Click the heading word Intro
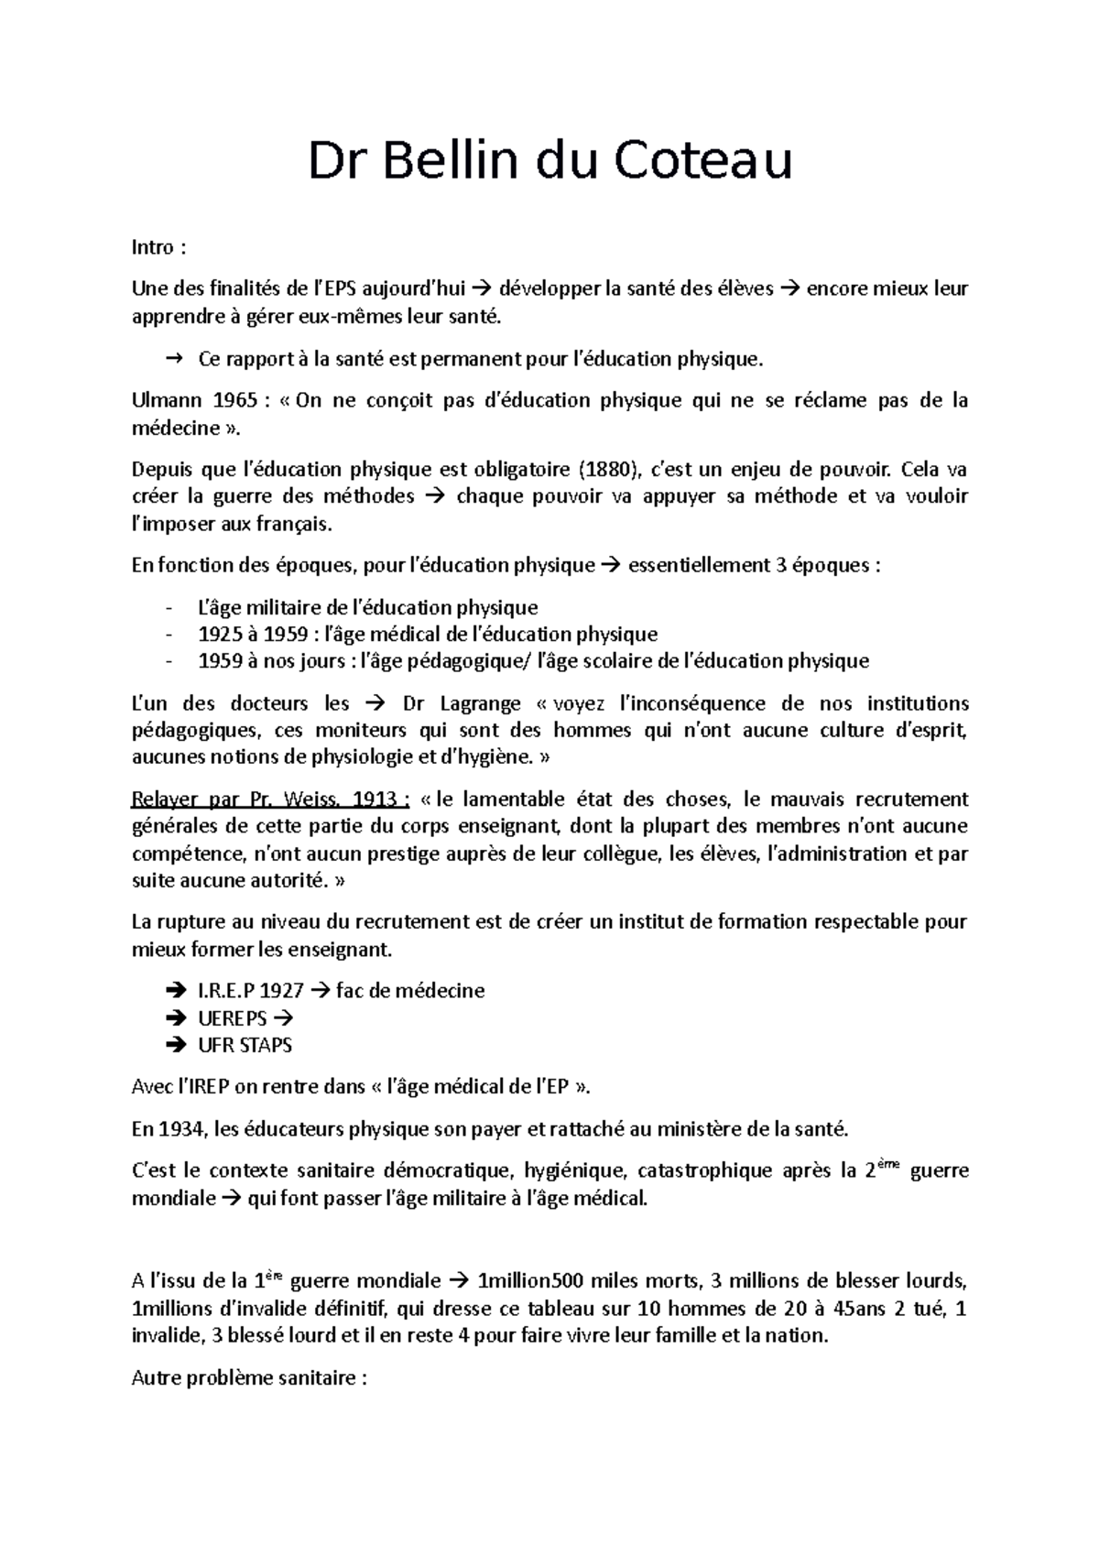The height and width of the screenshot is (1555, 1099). tap(152, 247)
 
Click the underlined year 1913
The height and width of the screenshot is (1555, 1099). tap(375, 799)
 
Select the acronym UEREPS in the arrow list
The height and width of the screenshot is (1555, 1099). tap(233, 1018)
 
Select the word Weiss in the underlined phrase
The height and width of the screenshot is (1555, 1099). tap(310, 799)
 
